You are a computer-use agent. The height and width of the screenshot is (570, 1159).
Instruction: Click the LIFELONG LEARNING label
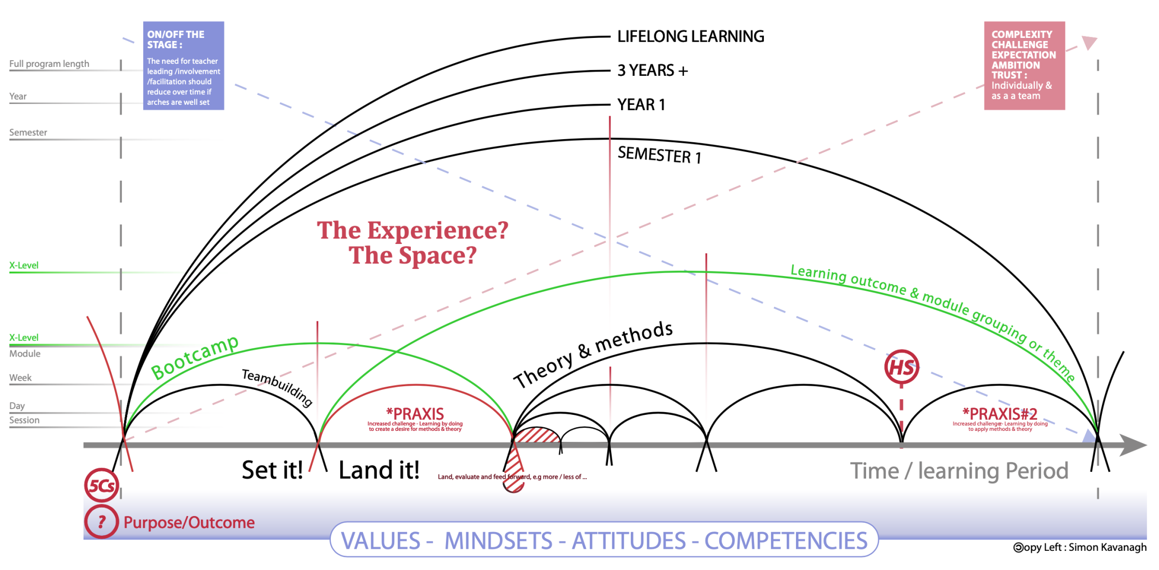tap(690, 36)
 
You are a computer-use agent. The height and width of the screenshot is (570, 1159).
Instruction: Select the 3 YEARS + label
tap(652, 70)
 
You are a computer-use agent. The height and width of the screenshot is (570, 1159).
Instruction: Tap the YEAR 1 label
tap(641, 104)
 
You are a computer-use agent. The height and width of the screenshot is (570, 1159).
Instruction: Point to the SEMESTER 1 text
tap(659, 155)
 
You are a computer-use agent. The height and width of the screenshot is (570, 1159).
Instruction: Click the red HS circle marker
tap(901, 368)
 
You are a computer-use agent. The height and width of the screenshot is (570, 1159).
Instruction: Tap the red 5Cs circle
tap(101, 485)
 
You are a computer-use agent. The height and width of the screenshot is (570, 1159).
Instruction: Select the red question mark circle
tap(101, 521)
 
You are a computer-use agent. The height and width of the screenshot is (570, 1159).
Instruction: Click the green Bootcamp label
tap(195, 357)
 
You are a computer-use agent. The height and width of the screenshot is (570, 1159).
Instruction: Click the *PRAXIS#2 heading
tap(1000, 414)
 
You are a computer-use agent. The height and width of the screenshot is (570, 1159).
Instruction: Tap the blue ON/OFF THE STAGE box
tap(183, 65)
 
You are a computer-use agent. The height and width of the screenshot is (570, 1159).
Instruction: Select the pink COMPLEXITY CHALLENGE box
tap(1024, 65)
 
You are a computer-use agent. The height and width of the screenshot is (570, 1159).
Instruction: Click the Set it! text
tap(272, 470)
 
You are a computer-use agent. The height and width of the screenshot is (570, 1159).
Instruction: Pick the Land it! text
tap(379, 470)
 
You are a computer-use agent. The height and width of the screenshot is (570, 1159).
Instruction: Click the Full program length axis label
tap(49, 64)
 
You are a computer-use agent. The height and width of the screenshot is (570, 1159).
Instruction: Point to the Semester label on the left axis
tap(28, 132)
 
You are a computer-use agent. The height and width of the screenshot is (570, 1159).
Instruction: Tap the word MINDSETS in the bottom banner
tap(498, 540)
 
